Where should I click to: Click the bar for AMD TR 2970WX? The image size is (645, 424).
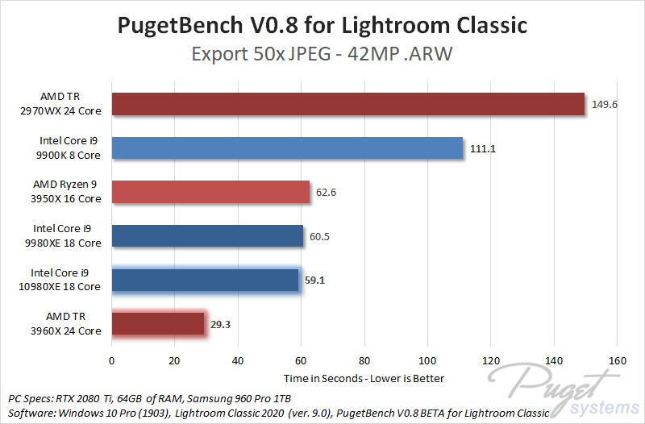click(x=347, y=105)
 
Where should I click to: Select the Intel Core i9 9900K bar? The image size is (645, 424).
click(x=286, y=148)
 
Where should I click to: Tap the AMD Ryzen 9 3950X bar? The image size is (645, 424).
click(x=210, y=192)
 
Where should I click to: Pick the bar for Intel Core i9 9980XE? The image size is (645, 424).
click(x=206, y=235)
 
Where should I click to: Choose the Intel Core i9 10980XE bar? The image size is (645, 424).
click(x=205, y=280)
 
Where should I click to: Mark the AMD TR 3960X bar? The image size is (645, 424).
click(x=157, y=323)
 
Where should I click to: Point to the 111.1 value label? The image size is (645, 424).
click(x=481, y=148)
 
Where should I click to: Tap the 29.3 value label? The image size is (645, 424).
click(x=223, y=323)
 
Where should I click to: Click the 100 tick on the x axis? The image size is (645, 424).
click(x=427, y=361)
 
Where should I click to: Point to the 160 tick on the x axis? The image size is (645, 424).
click(x=617, y=361)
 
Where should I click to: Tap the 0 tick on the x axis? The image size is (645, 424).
click(x=111, y=361)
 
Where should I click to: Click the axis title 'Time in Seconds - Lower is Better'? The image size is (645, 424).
click(x=364, y=378)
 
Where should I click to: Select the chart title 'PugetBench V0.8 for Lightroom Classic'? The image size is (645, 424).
click(x=322, y=25)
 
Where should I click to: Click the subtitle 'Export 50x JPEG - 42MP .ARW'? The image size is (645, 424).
click(x=322, y=55)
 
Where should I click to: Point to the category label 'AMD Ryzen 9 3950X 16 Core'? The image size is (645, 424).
click(x=67, y=192)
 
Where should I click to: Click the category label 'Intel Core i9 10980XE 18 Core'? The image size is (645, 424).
click(x=65, y=280)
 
